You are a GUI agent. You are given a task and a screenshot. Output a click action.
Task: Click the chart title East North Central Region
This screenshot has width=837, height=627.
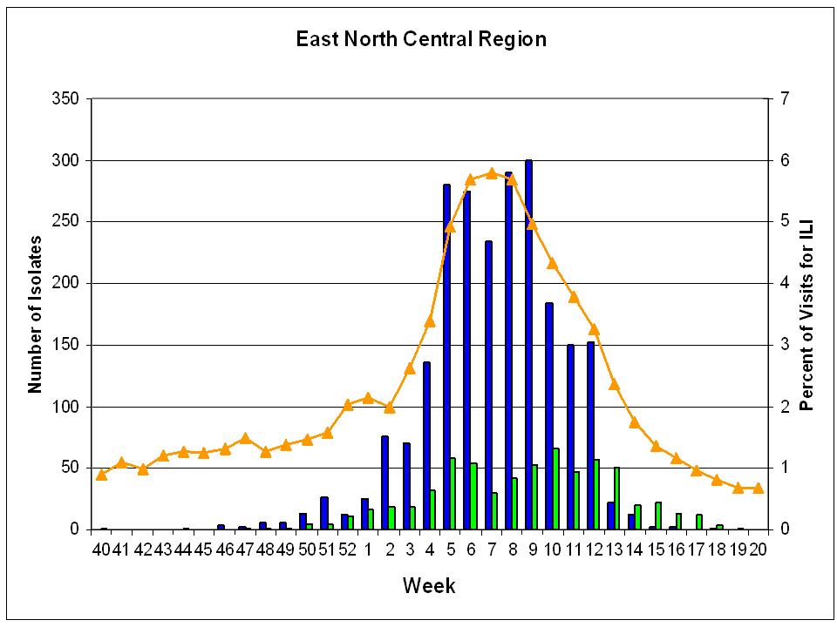421,39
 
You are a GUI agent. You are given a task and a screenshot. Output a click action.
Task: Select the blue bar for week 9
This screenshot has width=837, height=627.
528,345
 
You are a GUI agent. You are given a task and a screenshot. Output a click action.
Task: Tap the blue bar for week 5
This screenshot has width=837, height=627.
446,357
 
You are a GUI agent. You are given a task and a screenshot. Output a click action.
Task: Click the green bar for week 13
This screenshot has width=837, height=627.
617,498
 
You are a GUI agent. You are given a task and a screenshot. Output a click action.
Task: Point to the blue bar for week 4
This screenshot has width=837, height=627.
426,446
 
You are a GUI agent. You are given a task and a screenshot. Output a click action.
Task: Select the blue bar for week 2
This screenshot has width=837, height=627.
384,482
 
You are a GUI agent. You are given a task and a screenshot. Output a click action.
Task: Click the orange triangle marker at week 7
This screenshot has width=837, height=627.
492,172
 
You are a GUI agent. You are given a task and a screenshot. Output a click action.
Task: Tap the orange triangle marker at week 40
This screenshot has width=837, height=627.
101,475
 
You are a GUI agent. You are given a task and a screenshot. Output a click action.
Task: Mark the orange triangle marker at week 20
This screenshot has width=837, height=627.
758,488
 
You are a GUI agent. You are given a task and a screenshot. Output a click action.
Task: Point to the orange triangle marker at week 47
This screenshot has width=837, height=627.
245,438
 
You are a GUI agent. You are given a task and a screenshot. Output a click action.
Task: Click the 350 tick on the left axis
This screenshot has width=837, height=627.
65,98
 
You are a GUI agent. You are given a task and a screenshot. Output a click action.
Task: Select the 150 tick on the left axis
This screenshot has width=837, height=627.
65,345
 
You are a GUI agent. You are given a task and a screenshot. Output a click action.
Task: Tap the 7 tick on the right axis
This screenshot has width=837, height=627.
785,98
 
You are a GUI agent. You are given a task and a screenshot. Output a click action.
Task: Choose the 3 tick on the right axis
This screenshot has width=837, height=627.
785,345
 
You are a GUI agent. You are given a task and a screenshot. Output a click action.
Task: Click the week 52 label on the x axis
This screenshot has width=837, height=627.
348,549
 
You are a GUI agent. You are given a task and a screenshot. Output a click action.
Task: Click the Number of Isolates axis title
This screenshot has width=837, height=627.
35,314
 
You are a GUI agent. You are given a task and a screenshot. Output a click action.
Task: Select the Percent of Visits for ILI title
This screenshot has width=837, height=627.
806,314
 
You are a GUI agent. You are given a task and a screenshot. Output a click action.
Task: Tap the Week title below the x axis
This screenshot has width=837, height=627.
429,585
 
